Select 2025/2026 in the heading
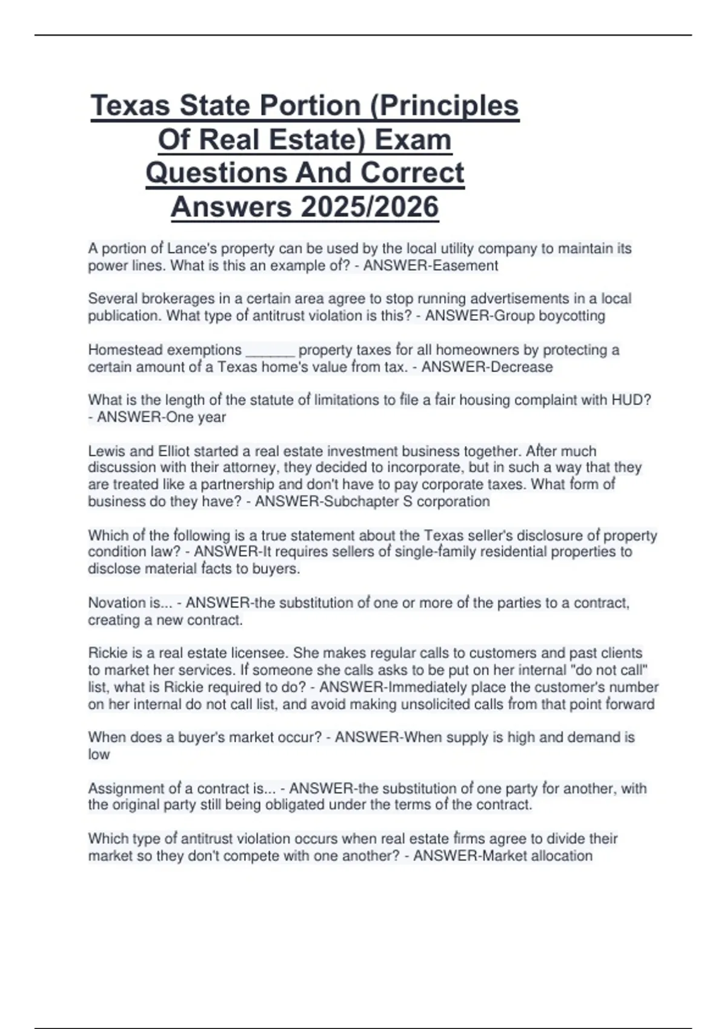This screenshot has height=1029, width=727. pyautogui.click(x=369, y=207)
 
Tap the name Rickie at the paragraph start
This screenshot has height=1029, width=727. pyautogui.click(x=107, y=654)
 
